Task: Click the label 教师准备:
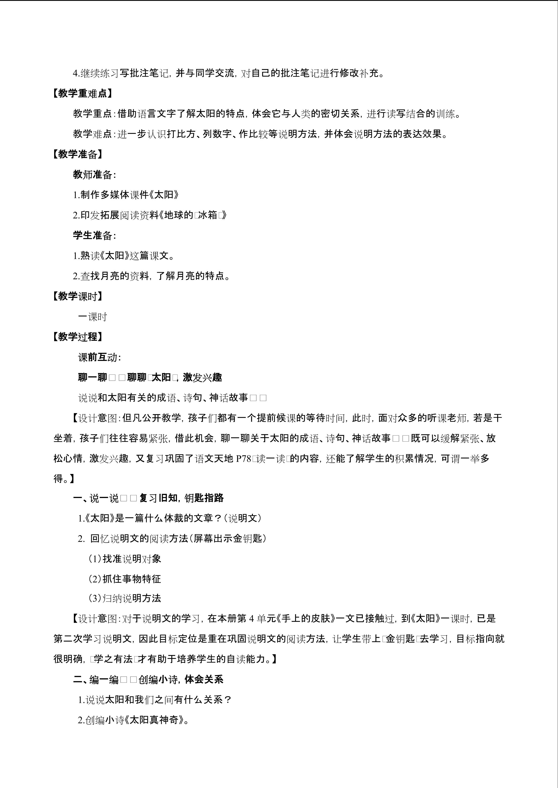click(94, 175)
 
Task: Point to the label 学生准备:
click(94, 235)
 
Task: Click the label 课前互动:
click(100, 357)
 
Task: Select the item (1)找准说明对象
click(125, 559)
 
